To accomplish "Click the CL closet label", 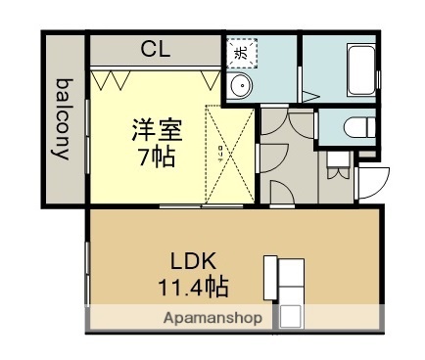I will pos(153,48).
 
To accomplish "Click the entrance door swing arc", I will pos(373,182).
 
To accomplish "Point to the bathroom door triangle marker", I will pos(309,96).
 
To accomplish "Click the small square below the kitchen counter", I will pos(290,316).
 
